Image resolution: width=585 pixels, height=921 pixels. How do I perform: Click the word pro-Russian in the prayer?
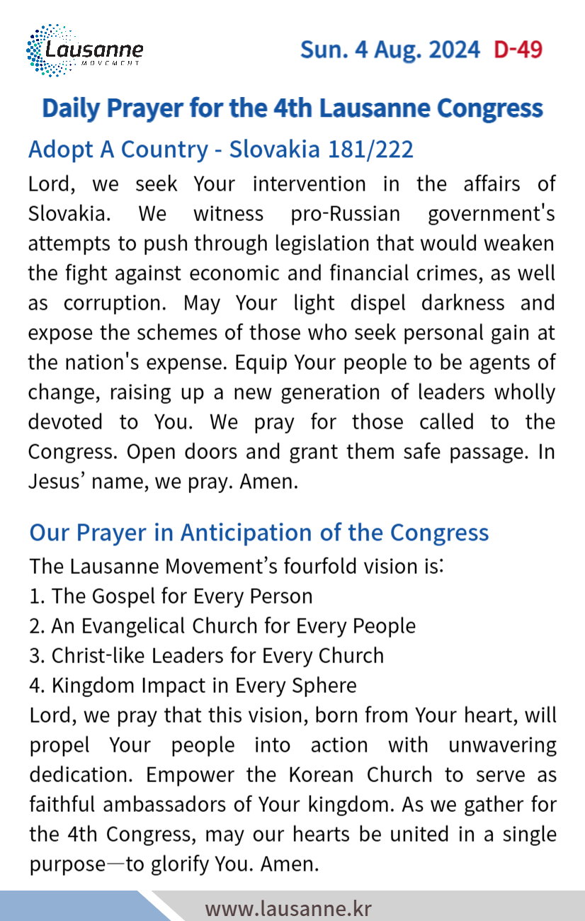346,213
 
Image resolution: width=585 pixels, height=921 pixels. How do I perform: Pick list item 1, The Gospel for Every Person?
171,597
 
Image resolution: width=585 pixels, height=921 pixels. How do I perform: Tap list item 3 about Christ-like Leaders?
206,656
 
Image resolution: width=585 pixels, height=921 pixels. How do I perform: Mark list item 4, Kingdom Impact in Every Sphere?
193,686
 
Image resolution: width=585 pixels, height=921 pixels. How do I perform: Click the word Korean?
319,775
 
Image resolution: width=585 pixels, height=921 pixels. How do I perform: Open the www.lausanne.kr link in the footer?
288,908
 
